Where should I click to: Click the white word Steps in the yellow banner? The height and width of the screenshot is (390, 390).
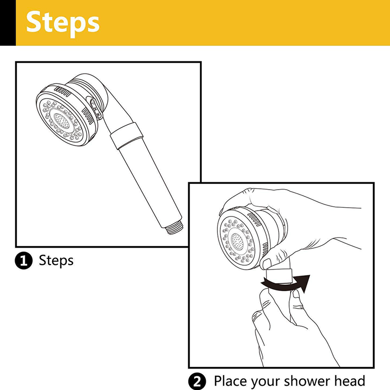tap(63, 23)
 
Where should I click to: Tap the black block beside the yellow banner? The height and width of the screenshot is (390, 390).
tap(8, 22)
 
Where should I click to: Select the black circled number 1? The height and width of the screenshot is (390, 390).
tap(23, 261)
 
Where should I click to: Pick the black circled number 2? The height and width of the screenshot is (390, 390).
tap(197, 381)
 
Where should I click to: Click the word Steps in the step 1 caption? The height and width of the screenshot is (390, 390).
tap(56, 261)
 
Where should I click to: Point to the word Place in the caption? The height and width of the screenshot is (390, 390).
tap(231, 381)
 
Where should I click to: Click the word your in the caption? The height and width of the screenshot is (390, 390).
tap(265, 382)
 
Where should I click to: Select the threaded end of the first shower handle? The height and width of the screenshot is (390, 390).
tap(175, 228)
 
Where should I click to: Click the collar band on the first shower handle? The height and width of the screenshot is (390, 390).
tap(126, 136)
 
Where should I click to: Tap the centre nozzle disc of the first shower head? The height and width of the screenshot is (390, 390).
tap(61, 121)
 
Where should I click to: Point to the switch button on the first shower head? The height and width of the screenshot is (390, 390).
tap(95, 108)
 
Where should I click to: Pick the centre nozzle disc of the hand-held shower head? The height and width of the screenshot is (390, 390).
tap(237, 242)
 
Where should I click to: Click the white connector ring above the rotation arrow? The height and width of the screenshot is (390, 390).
tap(279, 276)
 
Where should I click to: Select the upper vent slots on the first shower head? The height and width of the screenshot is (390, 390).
tap(63, 92)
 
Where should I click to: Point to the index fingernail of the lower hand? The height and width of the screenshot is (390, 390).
tap(296, 294)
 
